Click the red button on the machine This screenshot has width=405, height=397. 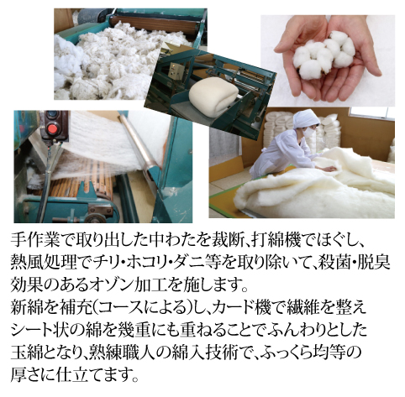coord(52,129)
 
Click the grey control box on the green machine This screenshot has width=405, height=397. coord(176,69)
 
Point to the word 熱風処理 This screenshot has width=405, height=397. coord(44,264)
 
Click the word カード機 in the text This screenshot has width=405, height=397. coord(239,308)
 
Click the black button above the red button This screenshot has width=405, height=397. coord(52,114)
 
